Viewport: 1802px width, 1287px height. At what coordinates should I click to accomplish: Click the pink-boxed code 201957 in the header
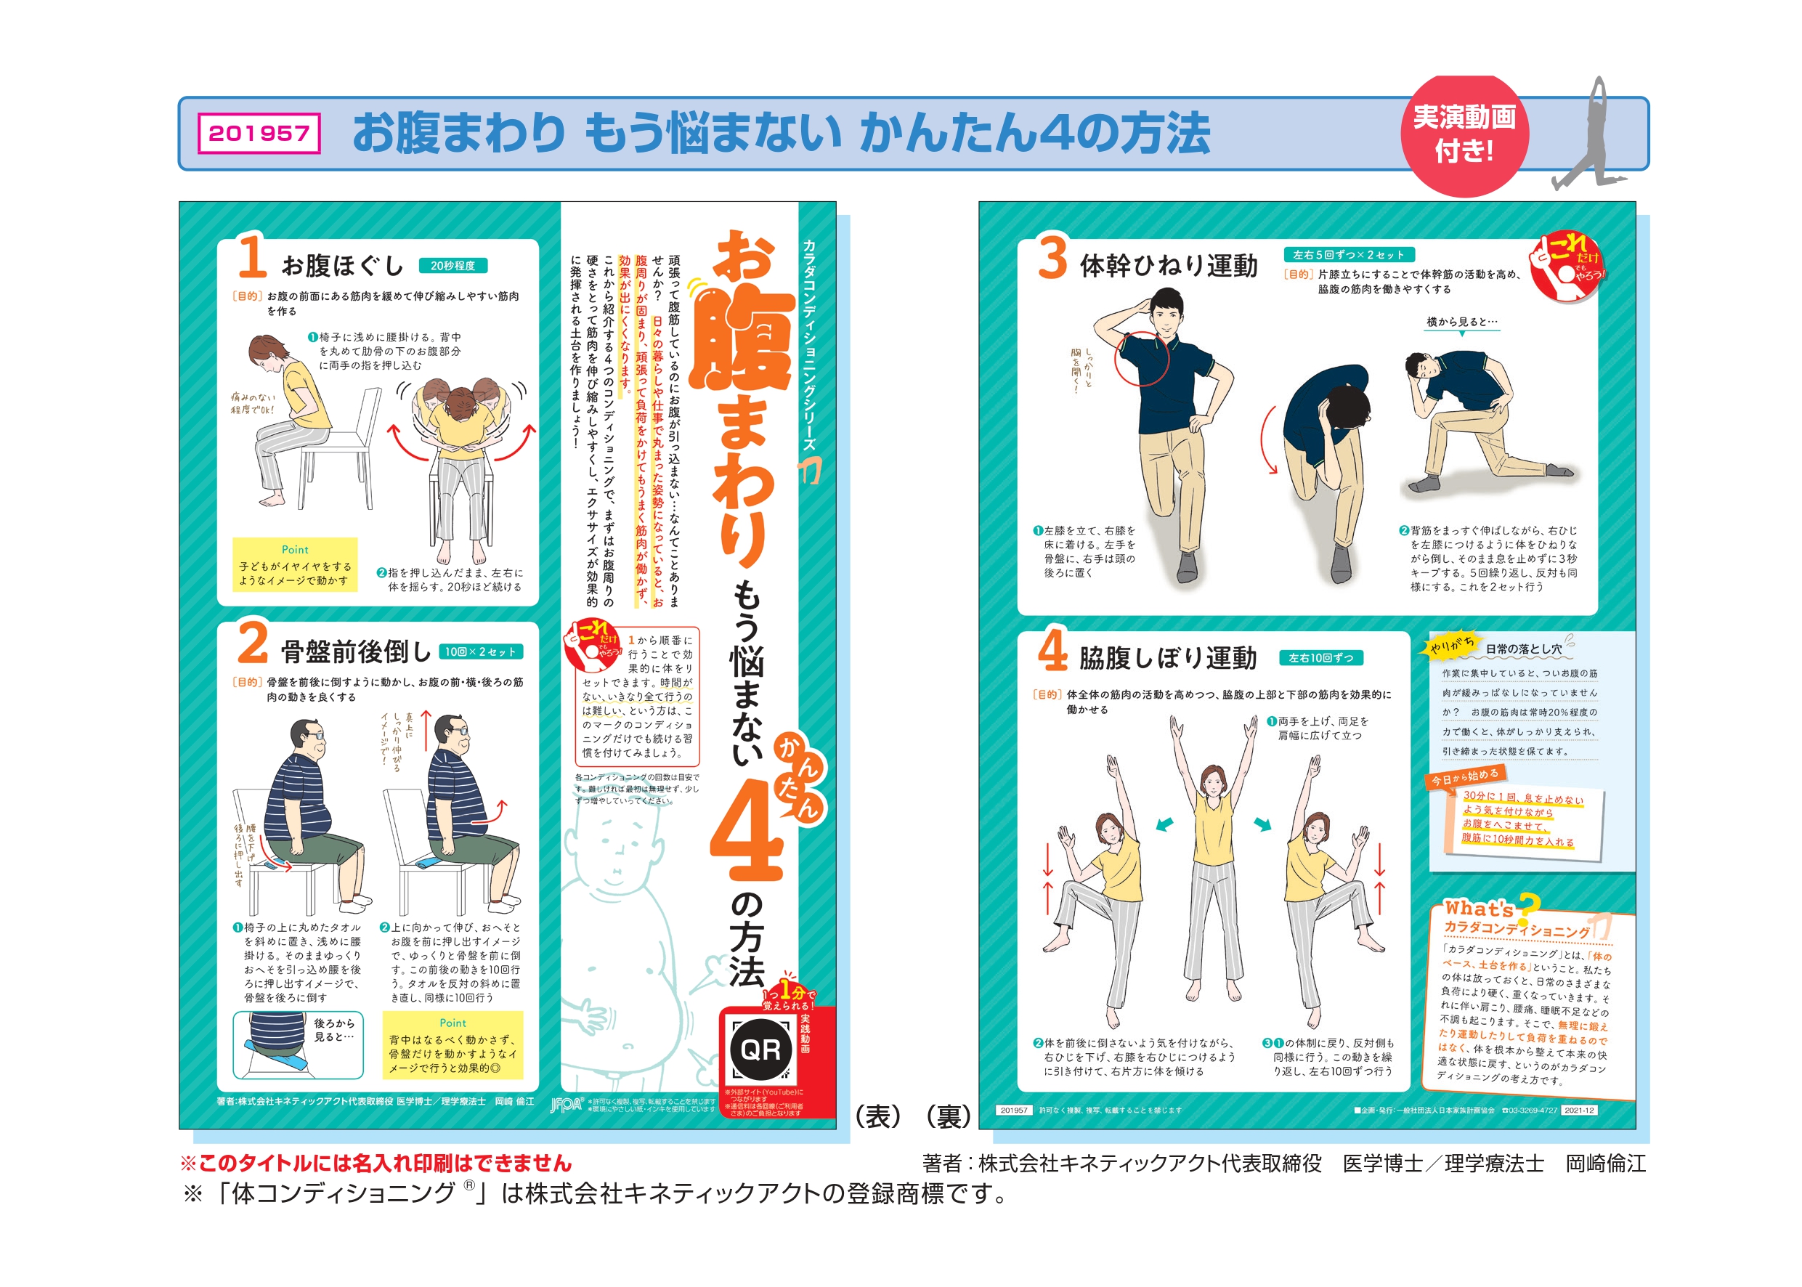(x=259, y=133)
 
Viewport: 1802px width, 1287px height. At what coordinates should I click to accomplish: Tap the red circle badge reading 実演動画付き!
(x=1463, y=134)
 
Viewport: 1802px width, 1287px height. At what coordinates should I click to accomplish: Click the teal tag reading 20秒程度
(x=452, y=266)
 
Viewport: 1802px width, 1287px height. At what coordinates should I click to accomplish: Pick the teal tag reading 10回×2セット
(x=480, y=651)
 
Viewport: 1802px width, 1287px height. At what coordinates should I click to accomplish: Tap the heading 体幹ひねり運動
(x=1168, y=266)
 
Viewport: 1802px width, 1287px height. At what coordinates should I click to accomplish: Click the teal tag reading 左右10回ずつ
(x=1320, y=658)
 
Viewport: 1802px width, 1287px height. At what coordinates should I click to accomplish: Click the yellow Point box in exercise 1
(x=295, y=565)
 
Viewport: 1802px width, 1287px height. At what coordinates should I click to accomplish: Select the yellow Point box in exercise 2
(x=452, y=1045)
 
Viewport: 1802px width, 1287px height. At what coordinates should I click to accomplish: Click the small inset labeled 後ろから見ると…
(x=298, y=1044)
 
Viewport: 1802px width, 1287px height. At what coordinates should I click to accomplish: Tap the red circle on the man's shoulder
(x=1142, y=358)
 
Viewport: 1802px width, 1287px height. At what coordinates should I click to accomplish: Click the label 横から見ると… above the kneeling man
(x=1461, y=322)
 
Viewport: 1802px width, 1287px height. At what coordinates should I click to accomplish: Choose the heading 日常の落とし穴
(x=1523, y=649)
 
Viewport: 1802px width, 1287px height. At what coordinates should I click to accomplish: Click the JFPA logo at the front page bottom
(x=567, y=1105)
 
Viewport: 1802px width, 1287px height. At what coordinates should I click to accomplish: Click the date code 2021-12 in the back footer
(x=1578, y=1111)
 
